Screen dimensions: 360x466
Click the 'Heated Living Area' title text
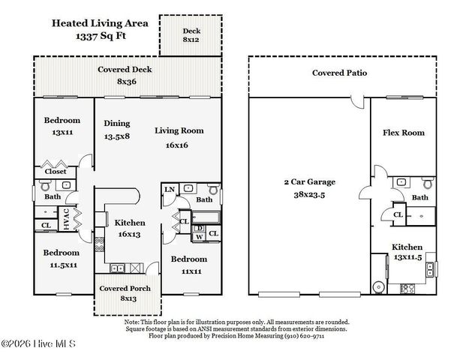coord(99,22)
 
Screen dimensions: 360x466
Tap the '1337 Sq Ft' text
coord(99,35)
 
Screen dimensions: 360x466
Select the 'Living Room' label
coord(179,131)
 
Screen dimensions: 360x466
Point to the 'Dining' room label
coord(116,124)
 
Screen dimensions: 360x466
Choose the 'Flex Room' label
coord(403,133)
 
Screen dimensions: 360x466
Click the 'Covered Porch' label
coord(125,289)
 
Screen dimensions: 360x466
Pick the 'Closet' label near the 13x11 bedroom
coord(55,171)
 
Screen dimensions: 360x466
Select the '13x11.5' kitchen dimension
coord(406,258)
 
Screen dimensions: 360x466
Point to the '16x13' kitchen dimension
coord(129,234)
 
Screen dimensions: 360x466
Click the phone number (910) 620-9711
coord(323,337)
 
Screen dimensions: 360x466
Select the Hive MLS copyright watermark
coord(41,345)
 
